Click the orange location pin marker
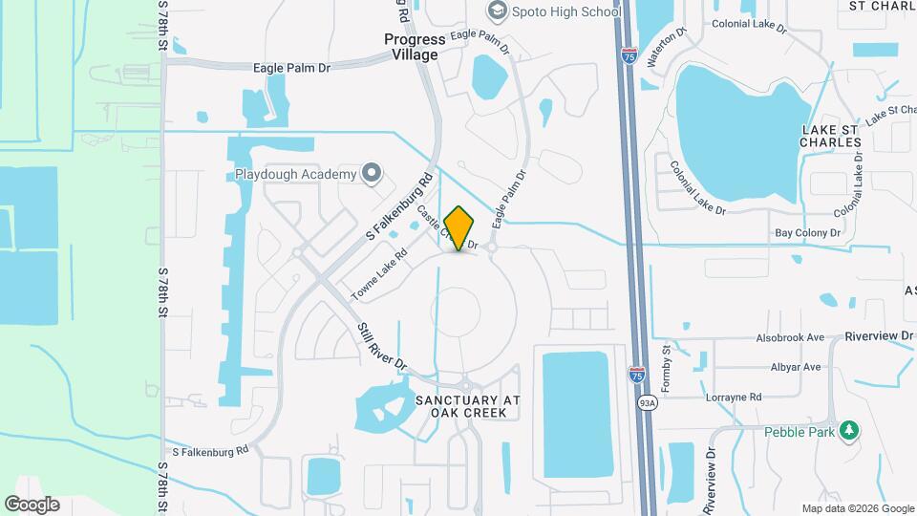click(x=459, y=227)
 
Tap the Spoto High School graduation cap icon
click(x=497, y=11)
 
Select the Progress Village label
click(x=415, y=47)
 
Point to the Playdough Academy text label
click(x=295, y=175)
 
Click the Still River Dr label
click(x=383, y=347)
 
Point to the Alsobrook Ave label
click(x=789, y=337)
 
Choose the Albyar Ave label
click(x=796, y=367)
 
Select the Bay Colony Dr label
click(x=807, y=232)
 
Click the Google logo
click(x=32, y=505)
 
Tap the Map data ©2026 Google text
click(x=857, y=508)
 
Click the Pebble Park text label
click(x=800, y=431)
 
